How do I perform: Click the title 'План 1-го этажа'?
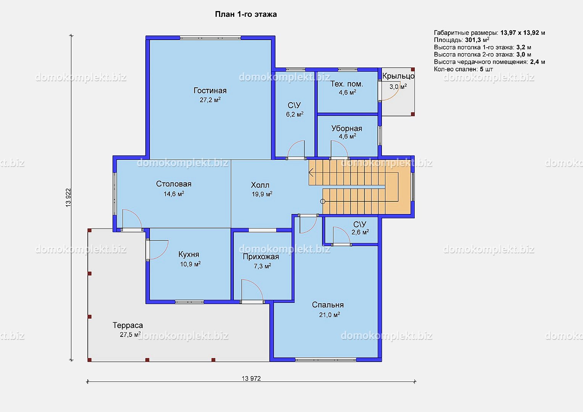(246, 14)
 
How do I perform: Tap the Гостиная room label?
(210, 90)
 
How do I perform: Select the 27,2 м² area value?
(210, 100)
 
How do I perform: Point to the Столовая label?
(174, 184)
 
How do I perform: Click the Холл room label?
(260, 185)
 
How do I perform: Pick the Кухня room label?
(189, 254)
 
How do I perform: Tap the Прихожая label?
(261, 257)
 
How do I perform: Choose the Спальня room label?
(328, 305)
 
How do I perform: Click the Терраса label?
(128, 325)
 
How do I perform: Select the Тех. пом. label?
(347, 84)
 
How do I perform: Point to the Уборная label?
(347, 129)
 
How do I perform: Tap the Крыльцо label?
(398, 76)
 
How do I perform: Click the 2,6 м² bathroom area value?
(360, 232)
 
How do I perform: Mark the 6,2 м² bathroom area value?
(295, 114)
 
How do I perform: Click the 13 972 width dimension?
(251, 378)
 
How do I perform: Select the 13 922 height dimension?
(68, 198)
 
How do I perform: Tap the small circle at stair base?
(322, 201)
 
